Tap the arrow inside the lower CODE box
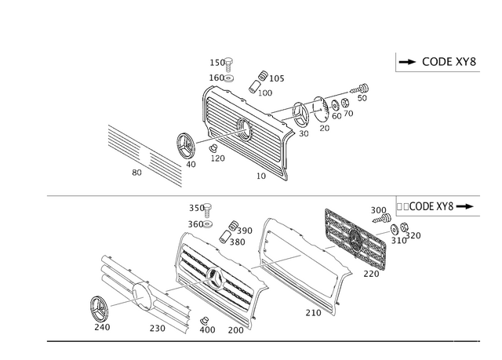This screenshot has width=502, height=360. [468, 207]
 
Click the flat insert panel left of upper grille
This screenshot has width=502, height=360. [144, 154]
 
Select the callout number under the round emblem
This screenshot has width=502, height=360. [102, 325]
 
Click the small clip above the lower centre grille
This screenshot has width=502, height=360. [232, 229]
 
